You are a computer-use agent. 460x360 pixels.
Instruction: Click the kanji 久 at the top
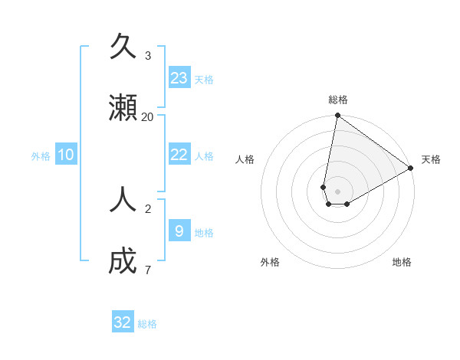pyautogui.click(x=123, y=47)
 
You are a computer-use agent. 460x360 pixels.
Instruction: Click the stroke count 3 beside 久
pyautogui.click(x=148, y=55)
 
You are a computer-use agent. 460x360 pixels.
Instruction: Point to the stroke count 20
pyautogui.click(x=148, y=116)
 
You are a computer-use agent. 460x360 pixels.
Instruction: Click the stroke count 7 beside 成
pyautogui.click(x=148, y=270)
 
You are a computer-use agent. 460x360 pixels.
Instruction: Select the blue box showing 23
pyautogui.click(x=179, y=77)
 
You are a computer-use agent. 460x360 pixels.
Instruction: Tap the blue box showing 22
pyautogui.click(x=179, y=155)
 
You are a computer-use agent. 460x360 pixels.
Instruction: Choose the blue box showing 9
pyautogui.click(x=179, y=231)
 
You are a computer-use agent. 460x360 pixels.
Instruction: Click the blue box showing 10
pyautogui.click(x=66, y=155)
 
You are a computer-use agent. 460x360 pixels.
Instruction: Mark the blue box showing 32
pyautogui.click(x=123, y=322)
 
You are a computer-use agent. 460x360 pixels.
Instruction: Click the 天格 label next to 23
pyautogui.click(x=204, y=80)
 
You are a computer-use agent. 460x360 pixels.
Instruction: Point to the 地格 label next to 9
pyautogui.click(x=204, y=233)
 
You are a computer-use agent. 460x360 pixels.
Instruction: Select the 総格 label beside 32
pyautogui.click(x=147, y=325)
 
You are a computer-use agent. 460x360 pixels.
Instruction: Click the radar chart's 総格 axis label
pyautogui.click(x=338, y=100)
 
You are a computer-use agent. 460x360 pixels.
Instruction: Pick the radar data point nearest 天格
pyautogui.click(x=411, y=169)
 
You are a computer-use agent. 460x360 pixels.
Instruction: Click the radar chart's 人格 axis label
pyautogui.click(x=245, y=159)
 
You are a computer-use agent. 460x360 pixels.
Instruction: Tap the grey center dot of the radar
pyautogui.click(x=338, y=191)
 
